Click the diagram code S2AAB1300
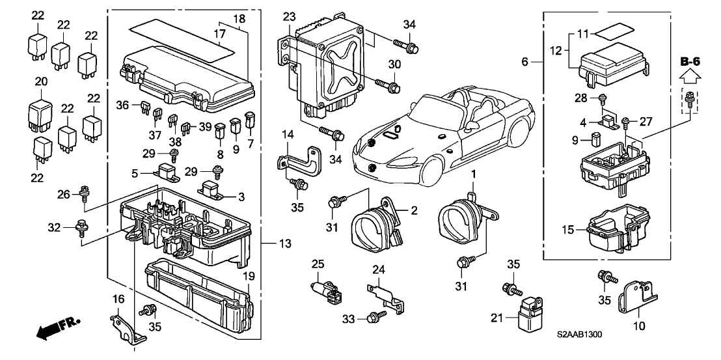click(579, 335)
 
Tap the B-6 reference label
click(690, 62)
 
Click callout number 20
click(42, 83)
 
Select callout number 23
click(289, 16)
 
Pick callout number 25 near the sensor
click(317, 264)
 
